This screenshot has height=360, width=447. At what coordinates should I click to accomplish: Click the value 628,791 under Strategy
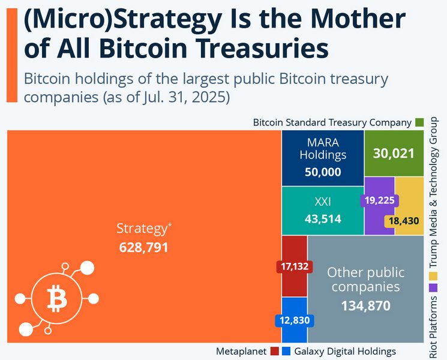point(143,247)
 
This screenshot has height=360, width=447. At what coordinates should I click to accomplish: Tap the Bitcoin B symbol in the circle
point(57,298)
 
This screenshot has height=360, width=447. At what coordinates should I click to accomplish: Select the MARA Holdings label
point(323,149)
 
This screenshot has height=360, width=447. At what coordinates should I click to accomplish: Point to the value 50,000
point(323,172)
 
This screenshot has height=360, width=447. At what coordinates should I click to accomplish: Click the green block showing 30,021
point(394,153)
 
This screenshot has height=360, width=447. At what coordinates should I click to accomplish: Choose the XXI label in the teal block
point(323,202)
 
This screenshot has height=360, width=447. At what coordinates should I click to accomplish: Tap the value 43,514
point(323,219)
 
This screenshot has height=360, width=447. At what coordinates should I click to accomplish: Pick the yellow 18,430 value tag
point(404,221)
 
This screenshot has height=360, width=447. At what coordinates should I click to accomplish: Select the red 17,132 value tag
point(294,266)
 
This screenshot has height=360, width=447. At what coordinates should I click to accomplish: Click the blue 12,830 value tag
point(294,320)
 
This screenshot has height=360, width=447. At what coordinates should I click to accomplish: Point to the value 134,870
point(365,306)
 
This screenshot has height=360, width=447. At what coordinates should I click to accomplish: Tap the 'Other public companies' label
point(365,280)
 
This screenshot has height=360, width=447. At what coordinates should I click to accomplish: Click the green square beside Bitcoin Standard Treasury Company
point(419,122)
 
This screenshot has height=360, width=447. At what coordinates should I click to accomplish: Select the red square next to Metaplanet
point(274,351)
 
